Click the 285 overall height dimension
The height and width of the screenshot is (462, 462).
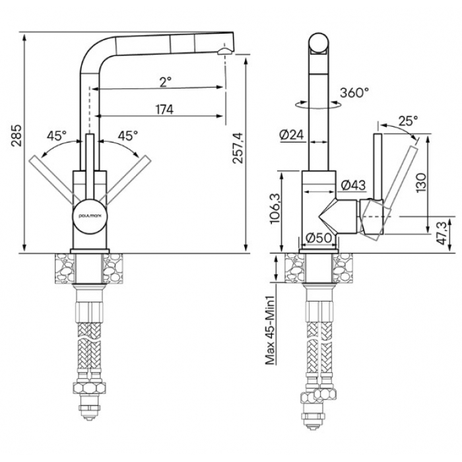[x=16, y=135]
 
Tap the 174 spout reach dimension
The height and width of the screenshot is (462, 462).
[x=164, y=110]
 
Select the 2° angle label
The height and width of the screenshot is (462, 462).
[x=165, y=82]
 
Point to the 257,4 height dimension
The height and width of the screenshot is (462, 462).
[x=238, y=148]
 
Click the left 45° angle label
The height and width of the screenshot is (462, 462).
[x=57, y=135]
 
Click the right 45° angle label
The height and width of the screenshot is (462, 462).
[x=128, y=135]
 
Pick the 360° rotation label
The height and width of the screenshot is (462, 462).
[x=354, y=92]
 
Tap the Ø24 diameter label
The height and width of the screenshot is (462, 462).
[x=292, y=135]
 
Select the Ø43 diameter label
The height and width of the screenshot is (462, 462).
[x=353, y=185]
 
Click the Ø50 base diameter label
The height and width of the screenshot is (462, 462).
[x=318, y=238]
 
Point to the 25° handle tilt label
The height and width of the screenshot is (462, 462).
[x=408, y=121]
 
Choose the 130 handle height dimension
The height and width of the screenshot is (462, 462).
[x=421, y=183]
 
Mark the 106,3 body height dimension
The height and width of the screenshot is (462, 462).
[x=276, y=209]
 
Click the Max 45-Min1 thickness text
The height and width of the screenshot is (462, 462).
[x=271, y=330]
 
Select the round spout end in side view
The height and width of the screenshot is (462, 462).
[x=319, y=43]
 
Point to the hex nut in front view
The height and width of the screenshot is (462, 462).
[x=88, y=388]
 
